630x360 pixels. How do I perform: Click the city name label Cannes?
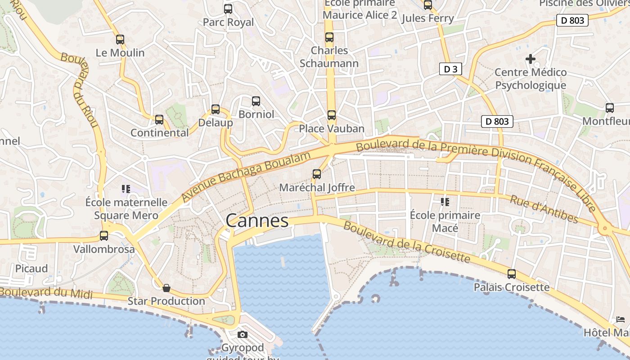click(x=257, y=220)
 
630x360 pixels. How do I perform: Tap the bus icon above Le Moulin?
click(x=120, y=40)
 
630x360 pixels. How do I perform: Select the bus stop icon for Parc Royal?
click(x=228, y=9)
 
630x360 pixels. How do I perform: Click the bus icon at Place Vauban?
click(x=332, y=115)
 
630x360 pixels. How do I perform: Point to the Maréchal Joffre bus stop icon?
click(x=317, y=174)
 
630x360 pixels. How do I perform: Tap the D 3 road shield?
click(x=450, y=69)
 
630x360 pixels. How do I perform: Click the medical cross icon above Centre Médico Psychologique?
click(x=531, y=59)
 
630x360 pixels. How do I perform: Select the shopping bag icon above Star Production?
click(x=166, y=288)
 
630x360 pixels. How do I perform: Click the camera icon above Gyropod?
click(x=243, y=334)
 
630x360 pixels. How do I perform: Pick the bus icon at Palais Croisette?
click(x=512, y=274)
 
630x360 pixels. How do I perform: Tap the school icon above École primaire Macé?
click(x=445, y=202)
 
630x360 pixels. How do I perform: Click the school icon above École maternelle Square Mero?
click(x=126, y=189)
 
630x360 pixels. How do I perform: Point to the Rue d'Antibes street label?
click(x=544, y=209)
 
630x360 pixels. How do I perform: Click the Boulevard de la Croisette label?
click(x=407, y=242)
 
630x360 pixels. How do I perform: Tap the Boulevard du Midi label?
click(x=46, y=293)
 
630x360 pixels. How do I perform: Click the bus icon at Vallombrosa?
click(x=104, y=236)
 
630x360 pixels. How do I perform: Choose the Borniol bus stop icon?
click(x=256, y=101)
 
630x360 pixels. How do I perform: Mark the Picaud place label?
click(x=31, y=269)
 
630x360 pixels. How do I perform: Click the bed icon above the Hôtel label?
click(x=621, y=319)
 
